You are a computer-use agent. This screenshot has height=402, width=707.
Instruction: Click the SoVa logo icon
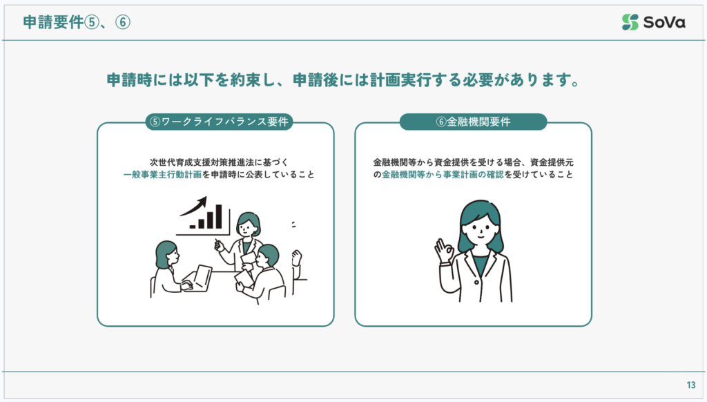pyautogui.click(x=630, y=22)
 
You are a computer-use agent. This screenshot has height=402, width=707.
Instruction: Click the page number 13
pyautogui.click(x=691, y=385)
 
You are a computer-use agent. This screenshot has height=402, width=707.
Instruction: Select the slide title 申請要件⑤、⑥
pyautogui.click(x=77, y=22)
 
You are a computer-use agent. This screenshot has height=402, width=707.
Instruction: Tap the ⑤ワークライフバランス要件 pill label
pyautogui.click(x=219, y=122)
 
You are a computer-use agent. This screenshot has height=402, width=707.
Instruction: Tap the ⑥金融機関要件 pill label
pyautogui.click(x=473, y=122)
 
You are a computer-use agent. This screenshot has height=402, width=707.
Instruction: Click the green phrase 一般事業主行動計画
pyautogui.click(x=162, y=175)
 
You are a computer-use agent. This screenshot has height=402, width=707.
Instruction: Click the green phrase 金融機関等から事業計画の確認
pyautogui.click(x=443, y=175)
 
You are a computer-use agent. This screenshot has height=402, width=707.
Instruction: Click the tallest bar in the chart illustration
pyautogui.click(x=219, y=217)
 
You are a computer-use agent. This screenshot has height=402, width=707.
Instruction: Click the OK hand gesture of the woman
pyautogui.click(x=445, y=251)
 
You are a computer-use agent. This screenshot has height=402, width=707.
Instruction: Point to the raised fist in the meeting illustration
pyautogui.click(x=297, y=258)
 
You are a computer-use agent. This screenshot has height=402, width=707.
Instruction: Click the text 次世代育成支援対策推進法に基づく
pyautogui.click(x=219, y=162)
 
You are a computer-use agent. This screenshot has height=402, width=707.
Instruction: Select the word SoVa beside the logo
pyautogui.click(x=664, y=22)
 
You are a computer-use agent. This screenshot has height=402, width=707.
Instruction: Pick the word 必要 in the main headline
pyautogui.click(x=478, y=80)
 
